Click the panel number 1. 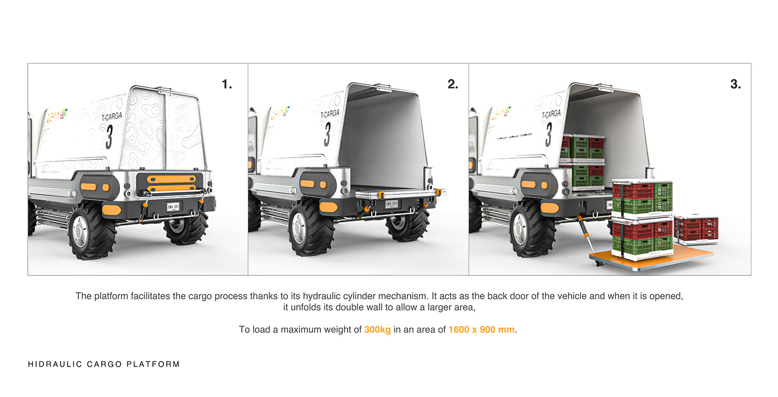point(227,84)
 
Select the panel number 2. point(453,84)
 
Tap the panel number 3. point(735,84)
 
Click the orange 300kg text point(377,330)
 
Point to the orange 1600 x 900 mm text point(481,330)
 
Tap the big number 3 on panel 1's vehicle point(109,137)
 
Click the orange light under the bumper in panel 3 point(549,208)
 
